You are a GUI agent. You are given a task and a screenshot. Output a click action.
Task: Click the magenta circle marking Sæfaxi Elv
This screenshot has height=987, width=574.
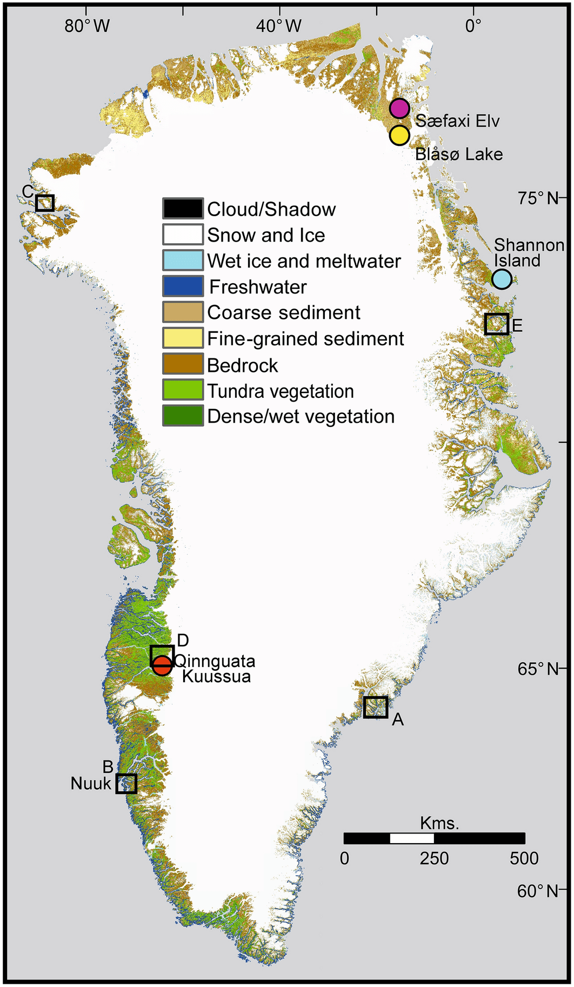(x=399, y=108)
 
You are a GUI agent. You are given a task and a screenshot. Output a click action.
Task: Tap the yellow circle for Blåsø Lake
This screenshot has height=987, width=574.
(x=399, y=135)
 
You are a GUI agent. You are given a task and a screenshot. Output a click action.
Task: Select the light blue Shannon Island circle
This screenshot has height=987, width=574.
(x=502, y=279)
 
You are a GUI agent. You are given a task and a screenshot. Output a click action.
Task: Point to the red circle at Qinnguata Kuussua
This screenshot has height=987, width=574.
(x=162, y=665)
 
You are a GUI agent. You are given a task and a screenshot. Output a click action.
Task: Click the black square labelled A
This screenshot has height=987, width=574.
(x=375, y=706)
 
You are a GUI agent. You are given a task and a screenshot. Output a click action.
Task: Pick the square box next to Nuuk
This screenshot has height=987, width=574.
(x=126, y=783)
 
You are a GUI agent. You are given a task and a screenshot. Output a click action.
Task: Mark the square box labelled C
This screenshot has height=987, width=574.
(x=45, y=203)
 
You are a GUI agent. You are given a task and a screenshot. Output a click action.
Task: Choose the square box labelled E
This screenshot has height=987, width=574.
(x=496, y=324)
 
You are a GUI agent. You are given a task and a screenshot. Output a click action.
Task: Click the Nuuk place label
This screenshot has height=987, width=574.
(x=91, y=783)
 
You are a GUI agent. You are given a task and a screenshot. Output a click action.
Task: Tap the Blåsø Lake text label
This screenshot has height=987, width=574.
(x=459, y=154)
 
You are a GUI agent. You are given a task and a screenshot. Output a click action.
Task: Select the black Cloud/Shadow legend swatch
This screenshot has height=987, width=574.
(x=183, y=209)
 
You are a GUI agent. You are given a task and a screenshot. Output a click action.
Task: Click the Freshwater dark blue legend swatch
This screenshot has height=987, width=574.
(x=183, y=286)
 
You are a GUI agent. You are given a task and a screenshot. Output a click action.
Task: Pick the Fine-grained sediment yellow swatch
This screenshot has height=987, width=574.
(x=183, y=338)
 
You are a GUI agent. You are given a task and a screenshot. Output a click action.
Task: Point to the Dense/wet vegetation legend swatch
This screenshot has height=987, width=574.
(x=183, y=416)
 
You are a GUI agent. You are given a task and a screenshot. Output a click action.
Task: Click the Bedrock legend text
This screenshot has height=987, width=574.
(x=242, y=365)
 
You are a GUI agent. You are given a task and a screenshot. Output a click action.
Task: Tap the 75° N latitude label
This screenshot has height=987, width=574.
(x=537, y=198)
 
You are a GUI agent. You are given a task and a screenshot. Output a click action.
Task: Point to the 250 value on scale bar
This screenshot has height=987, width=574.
(x=434, y=858)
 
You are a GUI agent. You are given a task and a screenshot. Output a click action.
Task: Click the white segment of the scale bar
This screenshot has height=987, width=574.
(x=411, y=838)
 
